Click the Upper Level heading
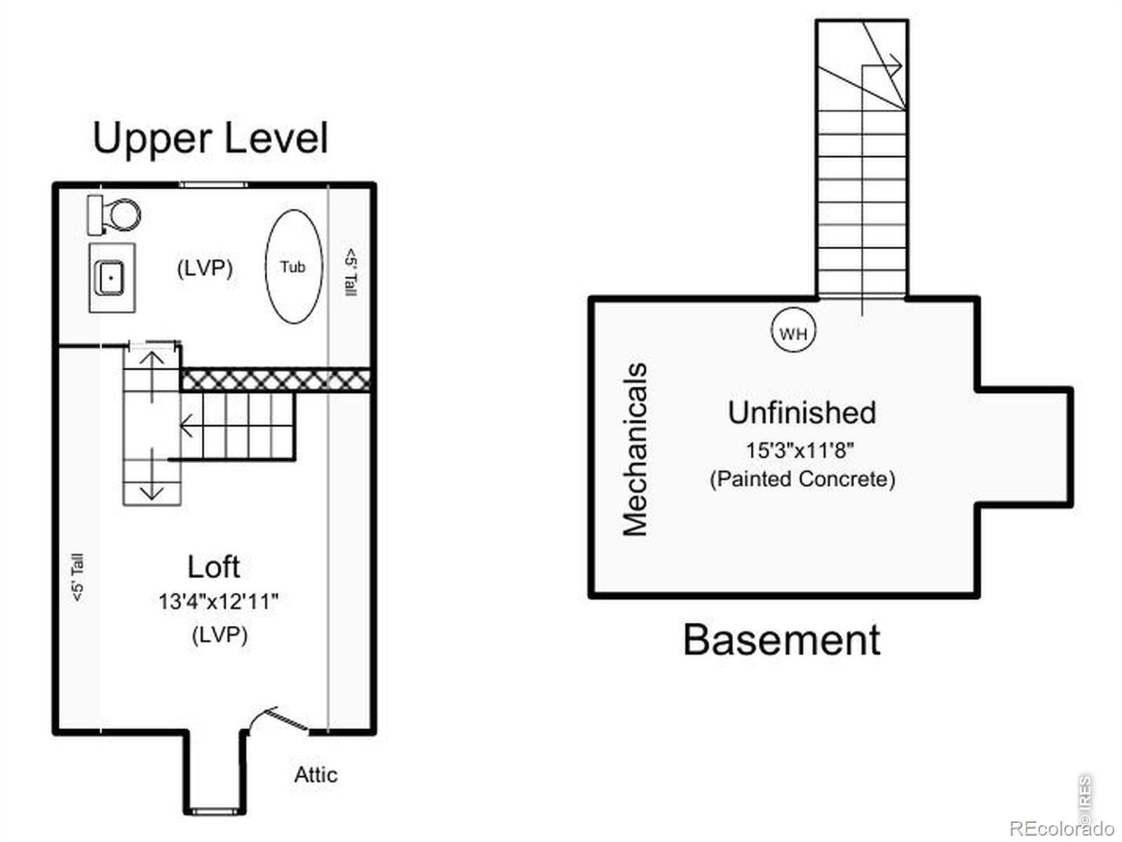[210, 138]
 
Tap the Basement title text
[782, 640]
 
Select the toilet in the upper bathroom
[114, 215]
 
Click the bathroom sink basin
[110, 278]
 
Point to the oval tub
[294, 267]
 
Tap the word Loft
[214, 566]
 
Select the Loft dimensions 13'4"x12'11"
[218, 602]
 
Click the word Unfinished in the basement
[802, 413]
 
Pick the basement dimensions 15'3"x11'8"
[800, 450]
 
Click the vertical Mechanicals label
[635, 449]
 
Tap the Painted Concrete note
[802, 479]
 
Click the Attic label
[316, 775]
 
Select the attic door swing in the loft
[276, 720]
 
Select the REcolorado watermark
[1062, 828]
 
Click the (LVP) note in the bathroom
[205, 268]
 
